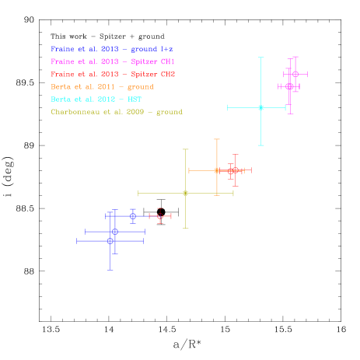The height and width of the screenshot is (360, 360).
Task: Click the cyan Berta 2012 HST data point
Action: (x=260, y=107)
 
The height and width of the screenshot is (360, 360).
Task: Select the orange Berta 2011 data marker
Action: (x=217, y=170)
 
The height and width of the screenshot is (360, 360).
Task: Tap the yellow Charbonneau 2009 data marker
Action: (x=185, y=193)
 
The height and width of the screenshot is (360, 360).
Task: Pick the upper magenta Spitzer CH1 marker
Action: (x=295, y=74)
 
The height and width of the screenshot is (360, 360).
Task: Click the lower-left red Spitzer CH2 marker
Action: (x=159, y=215)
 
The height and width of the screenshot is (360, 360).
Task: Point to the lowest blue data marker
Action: (x=110, y=241)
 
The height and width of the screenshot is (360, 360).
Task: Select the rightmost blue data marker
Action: (x=133, y=216)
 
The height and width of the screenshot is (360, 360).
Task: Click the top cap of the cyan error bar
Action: (x=260, y=58)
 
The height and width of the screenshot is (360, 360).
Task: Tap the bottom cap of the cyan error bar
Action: (x=260, y=145)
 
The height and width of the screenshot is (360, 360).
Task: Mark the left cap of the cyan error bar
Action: (x=227, y=107)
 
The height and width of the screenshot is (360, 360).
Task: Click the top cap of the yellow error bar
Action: (x=185, y=149)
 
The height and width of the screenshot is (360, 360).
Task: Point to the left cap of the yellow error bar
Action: (x=138, y=193)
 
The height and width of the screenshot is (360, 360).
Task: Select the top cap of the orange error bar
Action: (x=217, y=140)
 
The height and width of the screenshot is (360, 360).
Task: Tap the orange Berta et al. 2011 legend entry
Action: (x=101, y=86)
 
